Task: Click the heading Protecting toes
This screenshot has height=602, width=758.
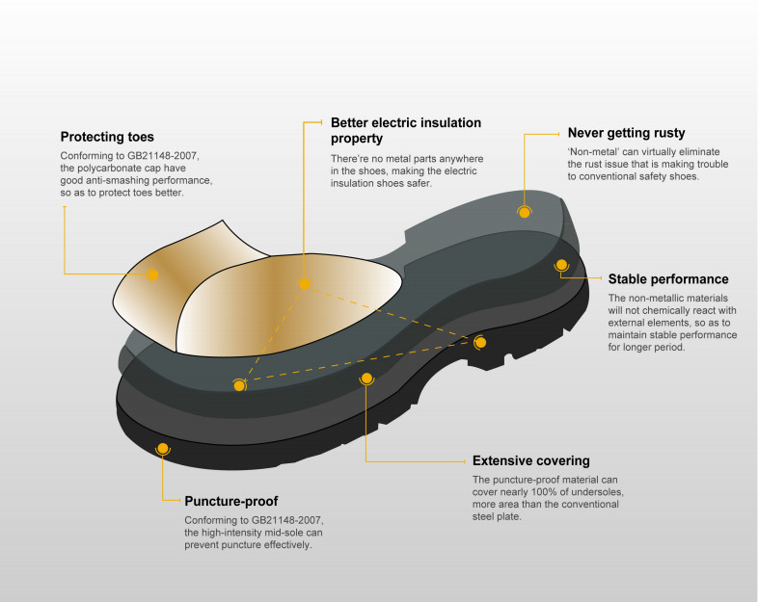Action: (107, 137)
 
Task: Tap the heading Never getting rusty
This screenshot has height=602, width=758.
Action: (626, 133)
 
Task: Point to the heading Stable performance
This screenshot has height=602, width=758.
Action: (667, 280)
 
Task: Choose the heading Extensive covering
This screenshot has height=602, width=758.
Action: (530, 460)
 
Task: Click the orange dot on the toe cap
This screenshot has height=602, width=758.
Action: (152, 275)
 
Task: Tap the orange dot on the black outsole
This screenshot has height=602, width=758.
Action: (162, 449)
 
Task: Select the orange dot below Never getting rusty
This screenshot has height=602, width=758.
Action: (524, 211)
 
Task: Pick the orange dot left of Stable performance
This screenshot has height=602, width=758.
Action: (560, 264)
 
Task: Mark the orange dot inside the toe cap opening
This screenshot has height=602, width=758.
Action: (305, 283)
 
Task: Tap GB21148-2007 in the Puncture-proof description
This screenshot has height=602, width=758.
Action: (285, 521)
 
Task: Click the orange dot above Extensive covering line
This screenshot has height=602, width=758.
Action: (365, 379)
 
